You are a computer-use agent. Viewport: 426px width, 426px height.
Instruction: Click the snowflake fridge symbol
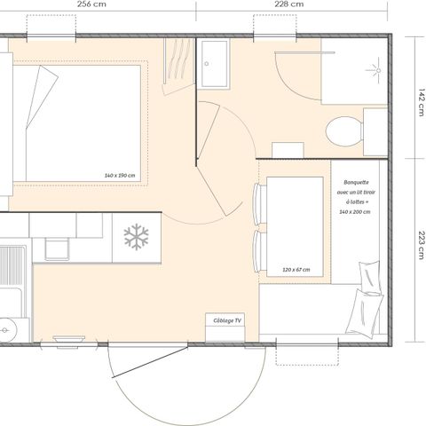(x=136, y=237)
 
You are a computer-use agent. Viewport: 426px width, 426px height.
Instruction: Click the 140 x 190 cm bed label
(x=119, y=175)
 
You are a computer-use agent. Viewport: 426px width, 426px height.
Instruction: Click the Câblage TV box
(x=226, y=321)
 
